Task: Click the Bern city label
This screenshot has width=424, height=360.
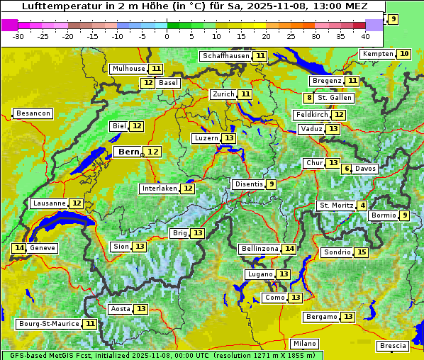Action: pyautogui.click(x=129, y=152)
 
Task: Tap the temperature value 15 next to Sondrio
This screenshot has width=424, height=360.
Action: pyautogui.click(x=362, y=252)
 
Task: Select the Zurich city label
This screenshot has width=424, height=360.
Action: pyautogui.click(x=223, y=94)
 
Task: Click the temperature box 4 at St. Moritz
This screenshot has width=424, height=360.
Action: pyautogui.click(x=362, y=206)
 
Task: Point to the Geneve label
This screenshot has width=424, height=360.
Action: pyautogui.click(x=43, y=248)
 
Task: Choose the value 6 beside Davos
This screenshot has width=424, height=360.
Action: pyautogui.click(x=347, y=169)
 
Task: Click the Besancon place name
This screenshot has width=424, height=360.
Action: pyautogui.click(x=33, y=113)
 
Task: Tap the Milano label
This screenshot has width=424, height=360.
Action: pyautogui.click(x=305, y=343)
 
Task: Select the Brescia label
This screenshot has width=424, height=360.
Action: pyautogui.click(x=393, y=346)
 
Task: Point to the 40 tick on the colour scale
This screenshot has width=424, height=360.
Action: pyautogui.click(x=365, y=35)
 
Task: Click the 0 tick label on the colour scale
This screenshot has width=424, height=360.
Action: pyautogui.click(x=167, y=35)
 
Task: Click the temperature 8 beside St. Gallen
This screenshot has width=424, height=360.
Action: pyautogui.click(x=309, y=98)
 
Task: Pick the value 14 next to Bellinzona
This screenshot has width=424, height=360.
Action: pyautogui.click(x=289, y=249)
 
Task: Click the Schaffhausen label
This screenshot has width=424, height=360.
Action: pyautogui.click(x=225, y=56)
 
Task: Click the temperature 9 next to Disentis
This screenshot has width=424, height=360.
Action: pyautogui.click(x=272, y=184)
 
